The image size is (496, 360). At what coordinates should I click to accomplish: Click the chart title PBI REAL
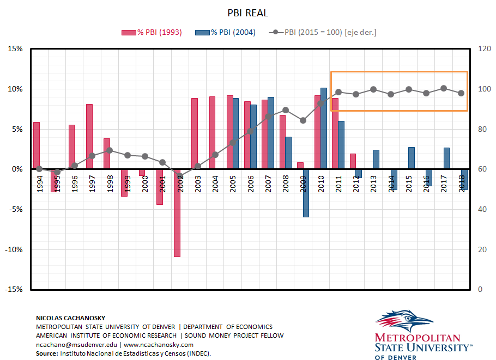[x=247, y=13]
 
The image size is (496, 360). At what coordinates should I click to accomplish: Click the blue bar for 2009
[x=306, y=193]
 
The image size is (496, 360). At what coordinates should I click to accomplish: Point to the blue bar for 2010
[x=323, y=128]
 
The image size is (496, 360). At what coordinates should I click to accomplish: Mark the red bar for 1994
[x=37, y=145]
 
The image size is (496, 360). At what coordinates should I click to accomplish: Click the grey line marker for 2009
[x=304, y=120]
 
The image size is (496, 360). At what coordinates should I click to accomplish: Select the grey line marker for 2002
[x=180, y=176]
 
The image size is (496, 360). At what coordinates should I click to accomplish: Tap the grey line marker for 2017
[x=444, y=88]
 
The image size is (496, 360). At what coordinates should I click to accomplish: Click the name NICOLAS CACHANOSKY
[x=70, y=318]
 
